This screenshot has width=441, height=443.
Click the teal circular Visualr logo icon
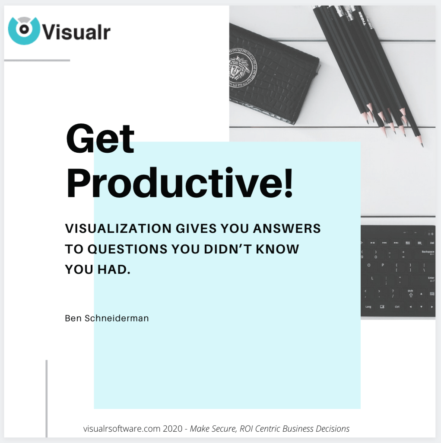(24, 31)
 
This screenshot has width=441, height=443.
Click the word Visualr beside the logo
(76, 32)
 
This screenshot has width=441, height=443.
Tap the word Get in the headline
(100, 139)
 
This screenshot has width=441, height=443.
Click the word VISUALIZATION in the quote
(118, 228)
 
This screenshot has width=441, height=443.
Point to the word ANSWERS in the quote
(287, 228)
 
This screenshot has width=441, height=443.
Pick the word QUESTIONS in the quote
(127, 249)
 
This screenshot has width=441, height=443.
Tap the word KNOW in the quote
(277, 249)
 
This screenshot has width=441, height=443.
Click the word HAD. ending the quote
(114, 270)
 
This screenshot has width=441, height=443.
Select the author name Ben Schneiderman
(107, 318)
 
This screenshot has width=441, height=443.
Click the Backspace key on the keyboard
(428, 253)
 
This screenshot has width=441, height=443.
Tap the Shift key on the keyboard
(410, 293)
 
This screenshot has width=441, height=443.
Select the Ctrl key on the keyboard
(397, 307)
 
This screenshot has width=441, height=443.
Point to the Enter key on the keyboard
(431, 279)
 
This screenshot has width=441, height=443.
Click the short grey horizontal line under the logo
(37, 60)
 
